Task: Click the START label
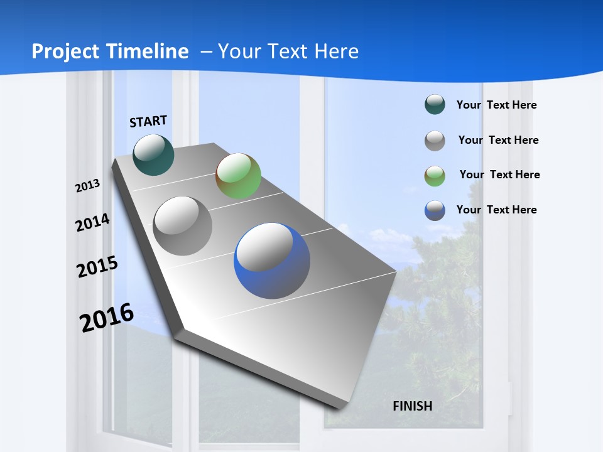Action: point(148,121)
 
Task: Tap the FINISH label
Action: point(413,406)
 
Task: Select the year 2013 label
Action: point(88,185)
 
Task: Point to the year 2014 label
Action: point(93,222)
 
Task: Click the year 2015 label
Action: point(97,267)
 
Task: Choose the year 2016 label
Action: point(107,318)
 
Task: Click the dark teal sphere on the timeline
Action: point(154,155)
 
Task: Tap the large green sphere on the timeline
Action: point(239,176)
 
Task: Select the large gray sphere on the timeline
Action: point(183,226)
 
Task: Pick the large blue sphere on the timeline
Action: point(272,261)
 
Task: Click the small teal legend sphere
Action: point(435,105)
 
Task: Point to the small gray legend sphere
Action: point(435,141)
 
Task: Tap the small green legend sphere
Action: point(435,176)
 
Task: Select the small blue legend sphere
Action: point(435,210)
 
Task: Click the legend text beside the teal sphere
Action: point(496,105)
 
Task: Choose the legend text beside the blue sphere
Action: point(496,210)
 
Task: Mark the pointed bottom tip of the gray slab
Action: point(339,407)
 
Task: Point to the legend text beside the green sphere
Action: point(499,175)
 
